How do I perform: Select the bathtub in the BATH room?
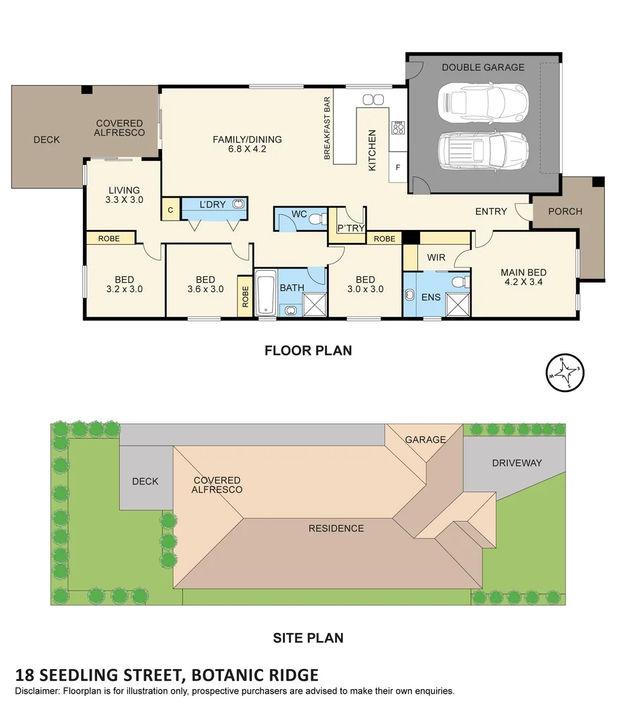pyautogui.click(x=265, y=292)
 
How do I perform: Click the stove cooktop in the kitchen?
pyautogui.click(x=398, y=127)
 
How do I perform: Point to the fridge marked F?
pyautogui.click(x=397, y=168)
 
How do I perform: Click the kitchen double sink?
pyautogui.click(x=374, y=100)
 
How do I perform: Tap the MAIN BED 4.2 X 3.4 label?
pyautogui.click(x=523, y=278)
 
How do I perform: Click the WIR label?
pyautogui.click(x=436, y=257)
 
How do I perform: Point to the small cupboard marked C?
pyautogui.click(x=170, y=210)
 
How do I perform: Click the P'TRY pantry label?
pyautogui.click(x=350, y=229)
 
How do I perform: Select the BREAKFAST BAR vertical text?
pyautogui.click(x=327, y=128)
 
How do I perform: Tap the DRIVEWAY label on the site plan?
pyautogui.click(x=517, y=463)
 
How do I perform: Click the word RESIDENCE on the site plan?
pyautogui.click(x=336, y=528)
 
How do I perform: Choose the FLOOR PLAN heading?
pyautogui.click(x=308, y=350)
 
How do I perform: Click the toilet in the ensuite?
pyautogui.click(x=458, y=282)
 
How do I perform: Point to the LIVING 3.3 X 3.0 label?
pyautogui.click(x=125, y=195)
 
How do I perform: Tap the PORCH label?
pyautogui.click(x=565, y=211)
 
